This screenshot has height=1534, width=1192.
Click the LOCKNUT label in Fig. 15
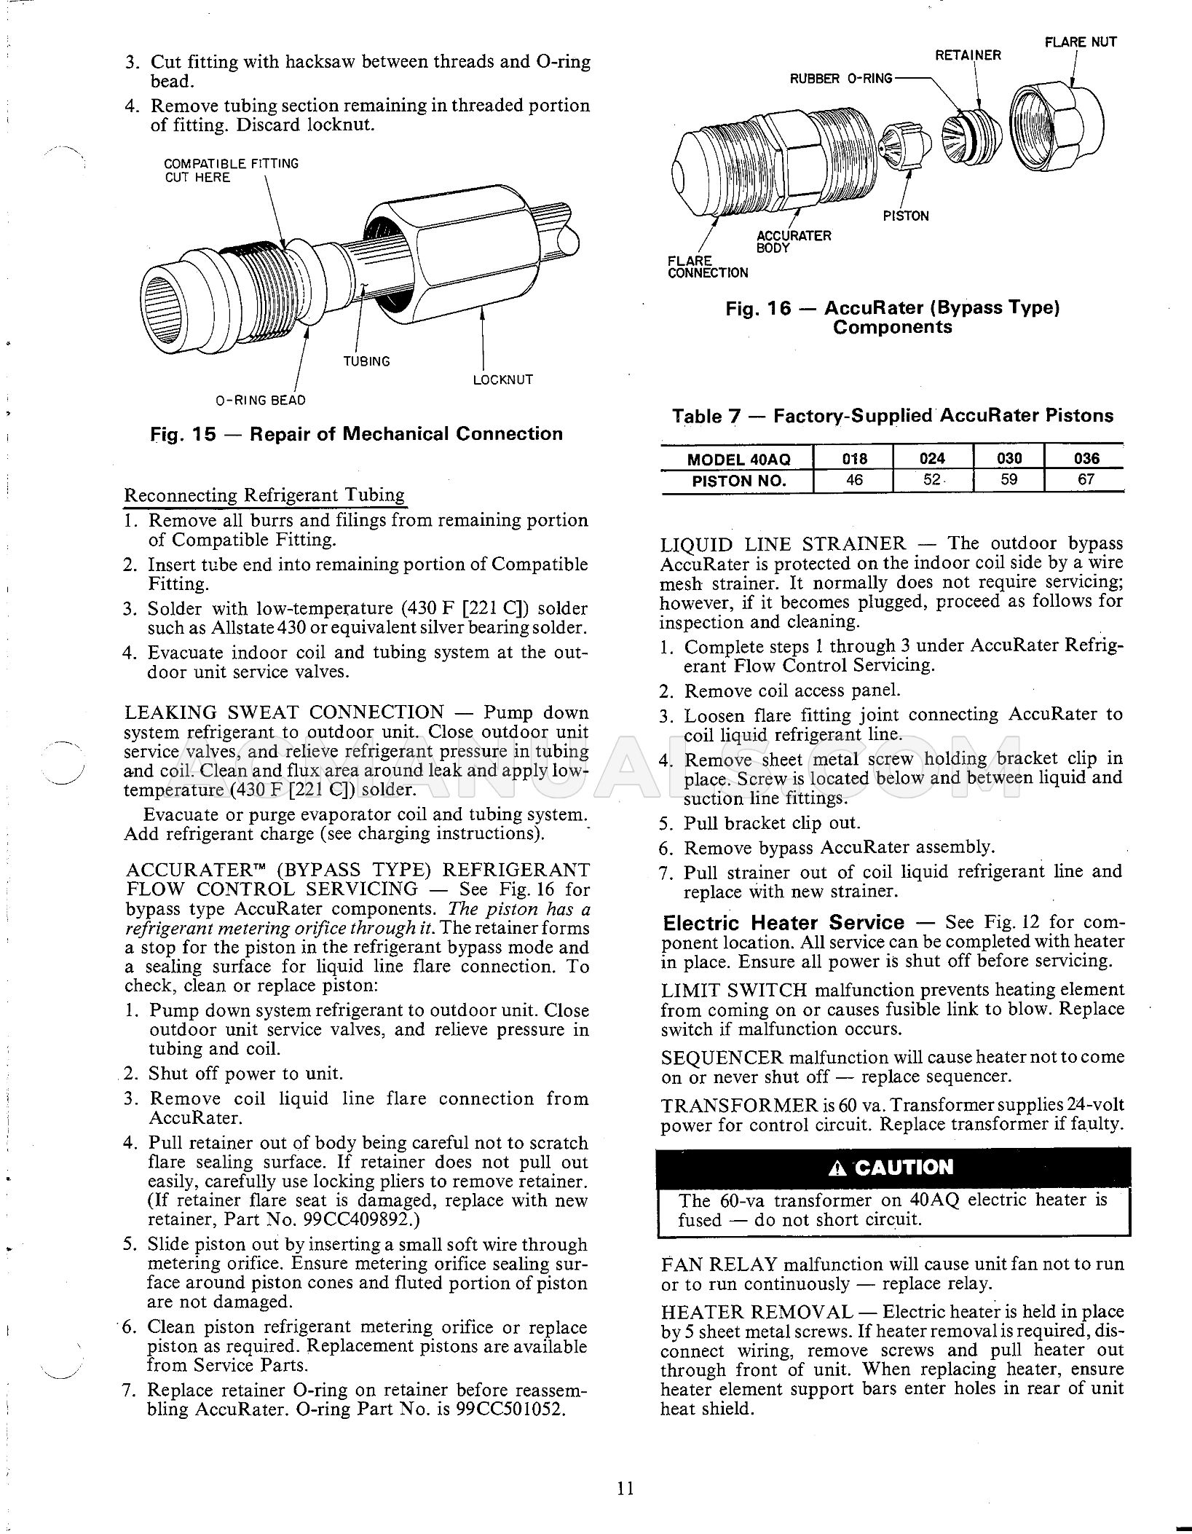(x=502, y=379)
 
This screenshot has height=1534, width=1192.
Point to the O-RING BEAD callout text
(x=260, y=400)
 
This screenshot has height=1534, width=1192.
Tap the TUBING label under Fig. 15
(x=366, y=361)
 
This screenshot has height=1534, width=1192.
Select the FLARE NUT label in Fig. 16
(x=1081, y=42)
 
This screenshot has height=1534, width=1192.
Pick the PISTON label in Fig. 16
(x=905, y=216)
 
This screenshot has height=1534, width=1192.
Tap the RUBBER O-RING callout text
(x=841, y=78)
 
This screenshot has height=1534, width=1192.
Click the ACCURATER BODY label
(x=794, y=241)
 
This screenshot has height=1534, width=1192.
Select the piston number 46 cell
(x=853, y=480)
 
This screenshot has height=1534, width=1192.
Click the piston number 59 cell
(x=1009, y=480)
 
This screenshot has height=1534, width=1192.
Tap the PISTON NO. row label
(x=738, y=481)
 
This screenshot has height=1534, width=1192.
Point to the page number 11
(x=625, y=1488)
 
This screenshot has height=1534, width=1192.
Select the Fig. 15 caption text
(x=356, y=434)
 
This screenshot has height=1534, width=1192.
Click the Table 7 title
(x=892, y=416)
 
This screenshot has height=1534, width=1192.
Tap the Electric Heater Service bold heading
(x=783, y=924)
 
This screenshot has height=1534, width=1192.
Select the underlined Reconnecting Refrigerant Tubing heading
(x=264, y=495)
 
